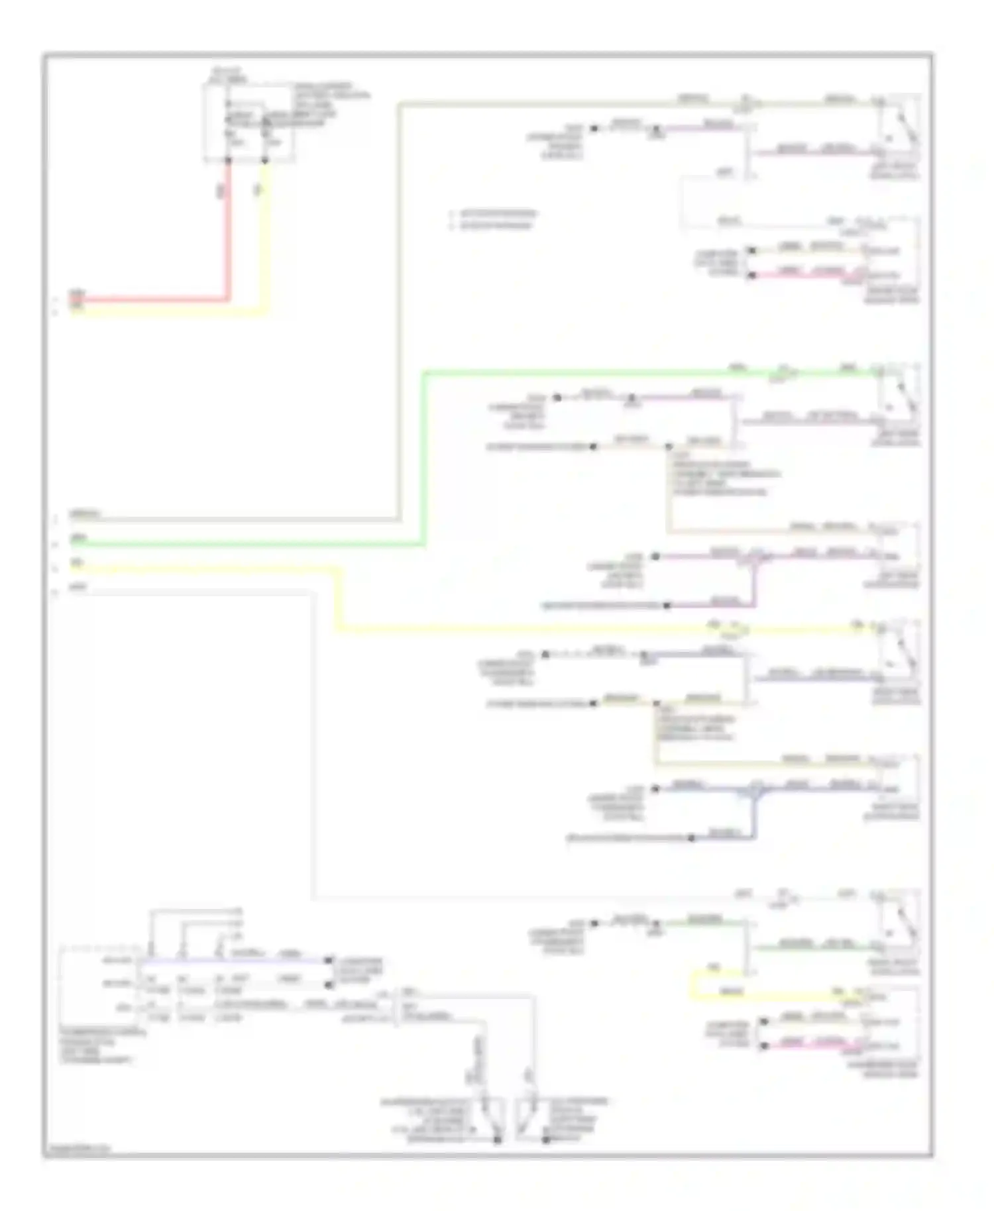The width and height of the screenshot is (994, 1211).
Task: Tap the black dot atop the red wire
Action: pyautogui.click(x=229, y=160)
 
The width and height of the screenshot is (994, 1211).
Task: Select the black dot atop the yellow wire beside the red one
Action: pyautogui.click(x=265, y=160)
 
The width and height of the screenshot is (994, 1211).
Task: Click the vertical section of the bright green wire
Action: pyautogui.click(x=425, y=457)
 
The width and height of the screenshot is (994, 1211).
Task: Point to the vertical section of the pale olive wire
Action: pyautogui.click(x=399, y=311)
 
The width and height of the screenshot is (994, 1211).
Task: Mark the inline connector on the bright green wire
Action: pyautogui.click(x=784, y=372)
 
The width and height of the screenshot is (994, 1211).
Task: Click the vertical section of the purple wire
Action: pyautogui.click(x=753, y=583)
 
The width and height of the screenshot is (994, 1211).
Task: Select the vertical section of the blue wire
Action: pyautogui.click(x=753, y=815)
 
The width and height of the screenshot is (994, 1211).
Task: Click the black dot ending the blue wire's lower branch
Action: pyautogui.click(x=691, y=838)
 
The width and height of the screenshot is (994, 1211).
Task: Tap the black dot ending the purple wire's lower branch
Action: pyautogui.click(x=667, y=605)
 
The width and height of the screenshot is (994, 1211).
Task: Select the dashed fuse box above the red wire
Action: pyautogui.click(x=249, y=123)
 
